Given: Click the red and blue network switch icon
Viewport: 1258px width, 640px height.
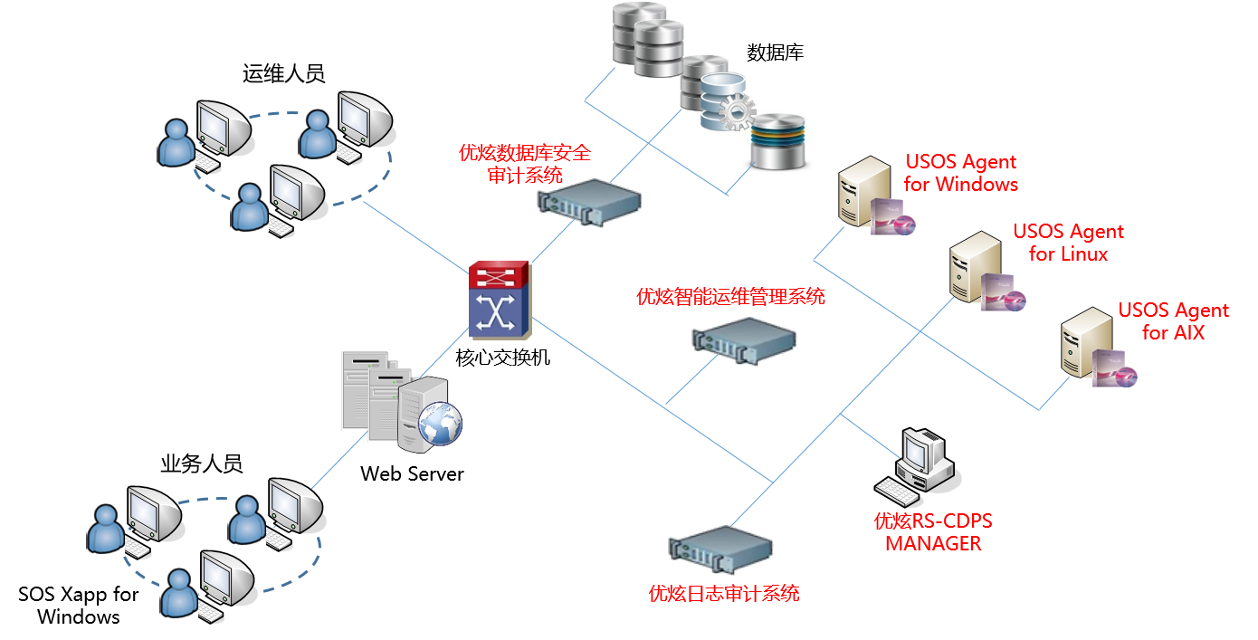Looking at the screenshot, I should tap(500, 300).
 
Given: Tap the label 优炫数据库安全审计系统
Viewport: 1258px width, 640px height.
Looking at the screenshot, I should tap(525, 164).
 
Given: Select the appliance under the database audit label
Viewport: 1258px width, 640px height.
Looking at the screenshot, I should tap(589, 201).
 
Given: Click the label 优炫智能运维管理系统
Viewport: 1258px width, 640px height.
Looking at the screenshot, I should tap(731, 296).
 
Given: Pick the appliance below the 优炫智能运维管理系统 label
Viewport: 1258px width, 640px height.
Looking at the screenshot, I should tap(744, 339).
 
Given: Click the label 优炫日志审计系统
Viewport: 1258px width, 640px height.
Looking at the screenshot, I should tap(724, 594).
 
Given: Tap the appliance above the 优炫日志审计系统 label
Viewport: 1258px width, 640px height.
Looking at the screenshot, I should tap(721, 547).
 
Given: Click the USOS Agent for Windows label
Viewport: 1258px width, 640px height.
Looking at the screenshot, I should tap(960, 173).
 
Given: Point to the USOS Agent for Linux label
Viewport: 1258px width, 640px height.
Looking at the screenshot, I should tap(1068, 243).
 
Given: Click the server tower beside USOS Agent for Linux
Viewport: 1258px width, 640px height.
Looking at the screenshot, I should tap(974, 267).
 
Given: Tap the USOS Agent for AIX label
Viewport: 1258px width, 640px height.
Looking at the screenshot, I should tap(1173, 321).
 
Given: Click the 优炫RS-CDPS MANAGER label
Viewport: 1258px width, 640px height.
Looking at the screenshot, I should tap(933, 532).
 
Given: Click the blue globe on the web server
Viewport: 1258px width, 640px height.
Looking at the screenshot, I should tap(439, 422).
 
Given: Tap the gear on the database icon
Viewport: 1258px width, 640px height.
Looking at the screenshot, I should tap(739, 112).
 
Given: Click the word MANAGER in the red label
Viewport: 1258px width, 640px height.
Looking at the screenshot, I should tap(933, 543).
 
